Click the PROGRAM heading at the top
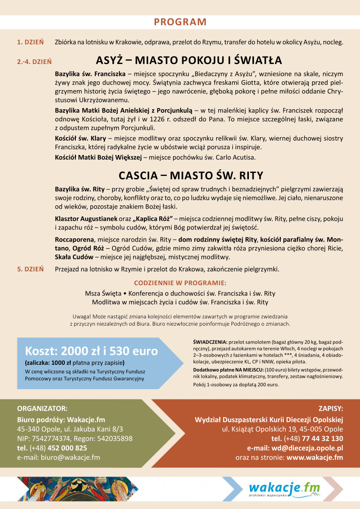coord(180,22)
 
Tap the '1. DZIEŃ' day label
coord(30,42)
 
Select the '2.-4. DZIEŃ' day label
coord(34,62)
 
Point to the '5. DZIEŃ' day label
coord(30,269)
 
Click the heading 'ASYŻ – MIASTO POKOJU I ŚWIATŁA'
coord(189,60)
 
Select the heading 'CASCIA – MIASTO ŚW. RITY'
coord(191,175)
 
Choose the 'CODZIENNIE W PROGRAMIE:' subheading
coord(180,283)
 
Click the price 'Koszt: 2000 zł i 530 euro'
coord(91,351)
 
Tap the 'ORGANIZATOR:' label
coord(42,408)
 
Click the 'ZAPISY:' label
coord(331,408)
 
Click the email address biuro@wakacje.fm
coord(70,457)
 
